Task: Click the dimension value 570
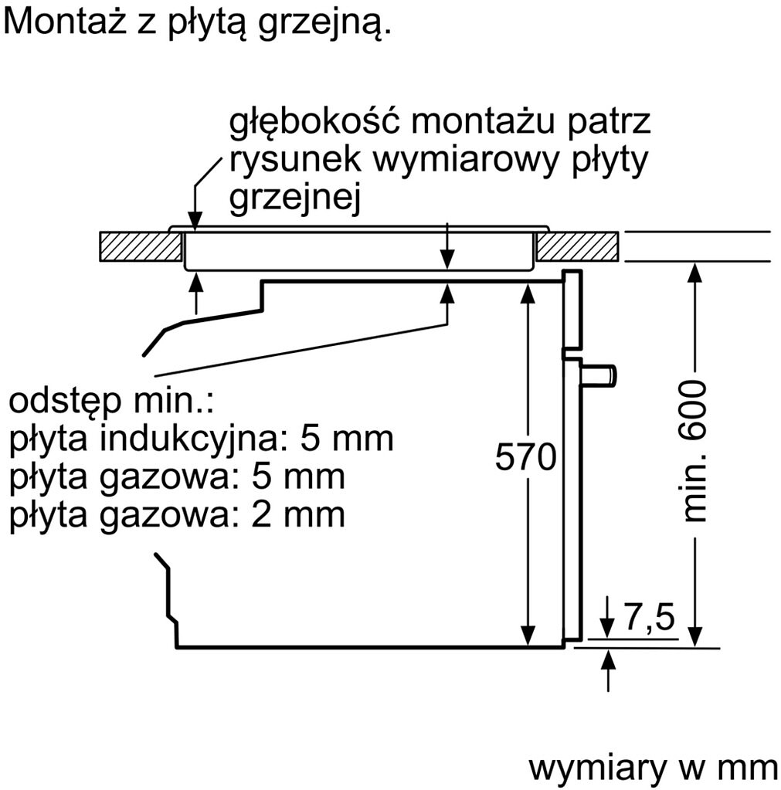click(x=525, y=456)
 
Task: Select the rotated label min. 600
click(x=694, y=451)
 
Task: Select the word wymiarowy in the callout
click(x=467, y=160)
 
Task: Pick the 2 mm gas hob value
click(x=298, y=514)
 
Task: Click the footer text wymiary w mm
click(x=654, y=769)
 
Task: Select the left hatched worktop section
click(x=141, y=246)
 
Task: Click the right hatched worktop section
click(x=577, y=246)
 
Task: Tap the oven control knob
click(x=599, y=375)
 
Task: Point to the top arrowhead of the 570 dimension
click(x=528, y=293)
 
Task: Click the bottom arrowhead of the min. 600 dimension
click(x=694, y=636)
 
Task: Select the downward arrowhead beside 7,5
click(x=608, y=629)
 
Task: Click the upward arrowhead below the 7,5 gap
click(x=609, y=660)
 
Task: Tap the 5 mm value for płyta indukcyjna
click(x=347, y=439)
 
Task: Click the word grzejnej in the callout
click(x=295, y=200)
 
